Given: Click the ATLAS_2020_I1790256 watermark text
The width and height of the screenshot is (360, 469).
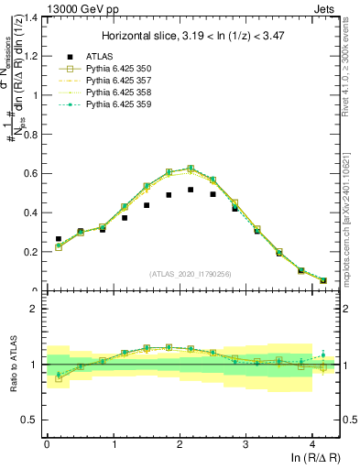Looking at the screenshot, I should point(191,273).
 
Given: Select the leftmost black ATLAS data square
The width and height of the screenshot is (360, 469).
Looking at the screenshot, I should point(59,239).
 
